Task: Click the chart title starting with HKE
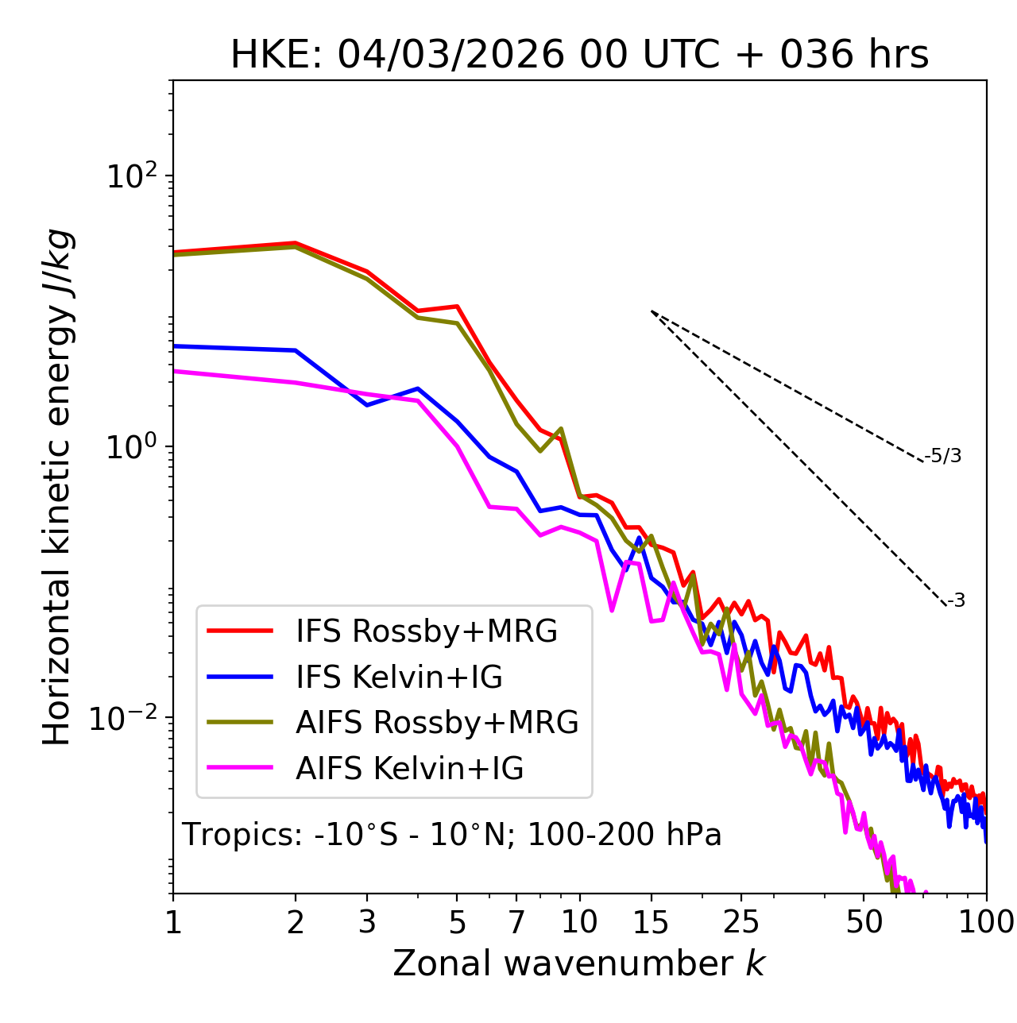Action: tap(579, 56)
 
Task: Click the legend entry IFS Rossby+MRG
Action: tap(427, 631)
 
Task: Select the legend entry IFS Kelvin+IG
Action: tap(399, 677)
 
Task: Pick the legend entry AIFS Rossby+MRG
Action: tap(437, 723)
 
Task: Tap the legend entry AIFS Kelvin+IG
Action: tap(410, 769)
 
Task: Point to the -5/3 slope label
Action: tap(943, 456)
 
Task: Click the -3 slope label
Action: tap(956, 600)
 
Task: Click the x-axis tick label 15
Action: tap(651, 922)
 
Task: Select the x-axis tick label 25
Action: tap(741, 922)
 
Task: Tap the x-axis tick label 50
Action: tap(864, 922)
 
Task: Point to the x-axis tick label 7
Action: tap(516, 922)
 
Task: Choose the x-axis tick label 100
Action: tap(986, 922)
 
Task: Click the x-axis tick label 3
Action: tap(367, 922)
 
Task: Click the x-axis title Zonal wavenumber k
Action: tap(578, 964)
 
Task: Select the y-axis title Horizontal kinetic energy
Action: tap(57, 487)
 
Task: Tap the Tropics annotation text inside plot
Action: tap(451, 835)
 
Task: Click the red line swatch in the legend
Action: tap(240, 631)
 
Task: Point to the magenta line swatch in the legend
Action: tap(240, 769)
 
